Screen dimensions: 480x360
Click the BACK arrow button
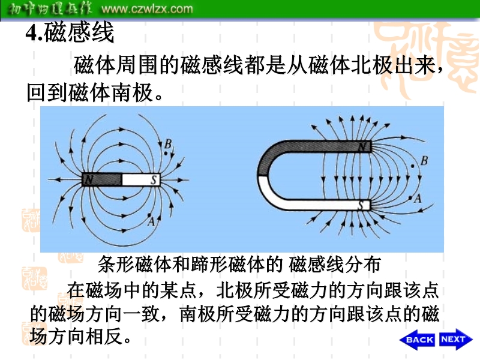point(417,340)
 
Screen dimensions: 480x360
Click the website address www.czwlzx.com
point(147,8)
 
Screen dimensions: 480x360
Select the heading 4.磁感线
point(70,32)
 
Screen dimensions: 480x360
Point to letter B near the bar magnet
point(168,144)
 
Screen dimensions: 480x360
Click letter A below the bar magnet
point(151,221)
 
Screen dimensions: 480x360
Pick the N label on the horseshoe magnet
point(362,147)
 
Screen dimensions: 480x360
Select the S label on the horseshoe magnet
point(361,205)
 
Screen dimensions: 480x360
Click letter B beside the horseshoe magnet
point(424,161)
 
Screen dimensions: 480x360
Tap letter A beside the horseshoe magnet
point(418,199)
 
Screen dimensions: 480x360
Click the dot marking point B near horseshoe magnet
point(413,166)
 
